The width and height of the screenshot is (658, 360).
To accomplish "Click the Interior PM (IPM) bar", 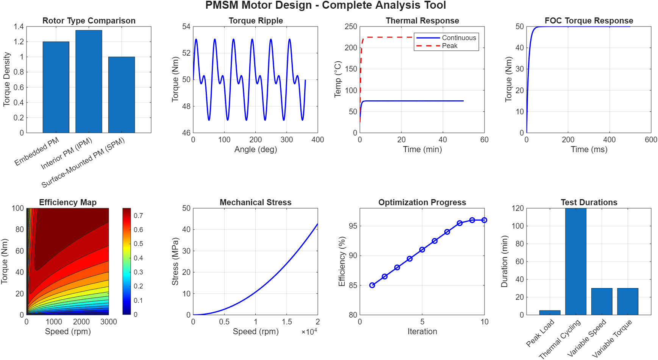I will pos(89,81).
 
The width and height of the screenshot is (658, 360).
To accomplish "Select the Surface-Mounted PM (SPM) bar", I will pos(122,95).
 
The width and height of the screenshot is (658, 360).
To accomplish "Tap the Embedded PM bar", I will pos(56,87).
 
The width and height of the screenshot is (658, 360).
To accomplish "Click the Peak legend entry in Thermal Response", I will pos(449,46).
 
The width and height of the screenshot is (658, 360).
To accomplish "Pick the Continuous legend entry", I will pos(459,38).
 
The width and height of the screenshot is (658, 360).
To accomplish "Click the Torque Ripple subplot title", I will pos(256,21).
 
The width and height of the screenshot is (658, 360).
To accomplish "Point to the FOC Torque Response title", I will pos(589,21).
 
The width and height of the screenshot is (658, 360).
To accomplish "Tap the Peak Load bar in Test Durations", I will pos(550,313).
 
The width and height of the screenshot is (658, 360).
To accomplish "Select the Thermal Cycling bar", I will pos(576,261).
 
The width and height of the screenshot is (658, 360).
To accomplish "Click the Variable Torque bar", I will pos(628,301).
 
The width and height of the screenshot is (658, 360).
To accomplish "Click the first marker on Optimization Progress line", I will pos(372,285).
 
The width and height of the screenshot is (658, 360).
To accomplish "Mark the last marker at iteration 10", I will pos(485,220).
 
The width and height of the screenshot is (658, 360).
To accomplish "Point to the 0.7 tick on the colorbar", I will pos(138,216).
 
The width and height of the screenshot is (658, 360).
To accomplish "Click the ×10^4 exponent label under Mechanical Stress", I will pos(309,332).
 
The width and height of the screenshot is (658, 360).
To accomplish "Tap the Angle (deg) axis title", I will pos(256,150).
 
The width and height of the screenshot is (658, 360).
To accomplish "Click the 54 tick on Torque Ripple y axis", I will pos(186,26).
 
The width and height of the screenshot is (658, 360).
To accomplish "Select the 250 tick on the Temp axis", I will pos(351,26).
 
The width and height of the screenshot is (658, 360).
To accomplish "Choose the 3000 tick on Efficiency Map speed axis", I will pos(109,322).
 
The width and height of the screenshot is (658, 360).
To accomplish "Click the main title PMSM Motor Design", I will pos(325,6).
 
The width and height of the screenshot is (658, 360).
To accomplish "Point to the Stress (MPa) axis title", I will pos(175,261).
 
